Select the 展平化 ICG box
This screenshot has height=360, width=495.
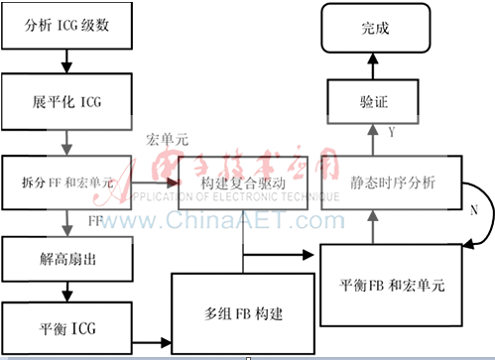click(66, 102)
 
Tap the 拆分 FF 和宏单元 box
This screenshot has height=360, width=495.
click(66, 182)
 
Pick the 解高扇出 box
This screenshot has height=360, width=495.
click(66, 261)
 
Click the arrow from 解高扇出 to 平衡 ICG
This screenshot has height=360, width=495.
click(66, 293)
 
